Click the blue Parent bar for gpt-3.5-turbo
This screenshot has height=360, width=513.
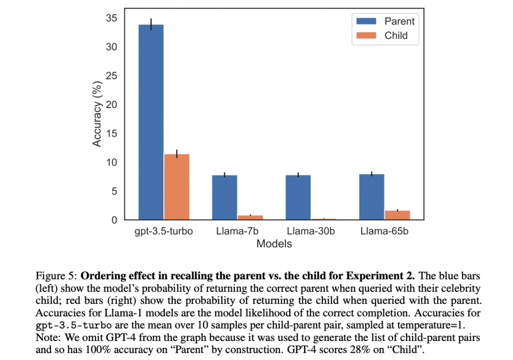tap(151, 122)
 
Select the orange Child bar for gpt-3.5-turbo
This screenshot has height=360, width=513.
tap(176, 187)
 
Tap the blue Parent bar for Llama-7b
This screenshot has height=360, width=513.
tap(224, 197)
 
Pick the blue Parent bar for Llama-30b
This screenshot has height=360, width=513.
tap(298, 197)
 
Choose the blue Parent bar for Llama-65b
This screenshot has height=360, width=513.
tap(371, 197)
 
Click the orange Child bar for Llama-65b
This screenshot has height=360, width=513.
tap(397, 215)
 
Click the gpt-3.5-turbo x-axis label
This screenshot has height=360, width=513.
tap(164, 232)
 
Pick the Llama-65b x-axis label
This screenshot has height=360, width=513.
tap(384, 232)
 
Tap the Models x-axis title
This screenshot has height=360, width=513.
tap(274, 244)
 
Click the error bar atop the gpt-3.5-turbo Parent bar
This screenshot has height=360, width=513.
tap(151, 24)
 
